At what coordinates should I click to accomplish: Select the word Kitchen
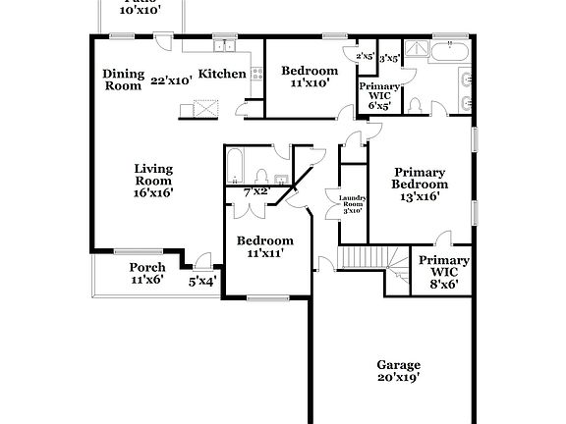pyautogui.click(x=222, y=74)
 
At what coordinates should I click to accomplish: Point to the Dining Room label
pyautogui.click(x=125, y=79)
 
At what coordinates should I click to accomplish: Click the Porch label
pyautogui.click(x=146, y=267)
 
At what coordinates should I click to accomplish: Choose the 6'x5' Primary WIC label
pyautogui.click(x=378, y=96)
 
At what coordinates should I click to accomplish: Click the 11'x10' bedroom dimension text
pyautogui.click(x=310, y=84)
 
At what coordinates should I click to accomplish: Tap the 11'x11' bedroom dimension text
pyautogui.click(x=265, y=254)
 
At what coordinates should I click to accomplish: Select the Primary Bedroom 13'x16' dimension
pyautogui.click(x=420, y=196)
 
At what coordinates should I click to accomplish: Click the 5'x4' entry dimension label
pyautogui.click(x=202, y=281)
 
